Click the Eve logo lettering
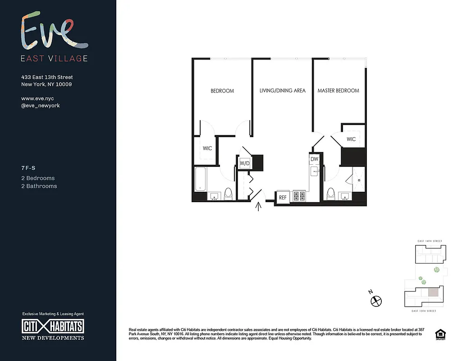click(54, 32)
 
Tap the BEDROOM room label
click(222, 91)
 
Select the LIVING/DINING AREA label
click(282, 91)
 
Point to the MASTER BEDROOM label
click(338, 91)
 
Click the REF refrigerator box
click(283, 197)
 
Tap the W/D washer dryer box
click(244, 163)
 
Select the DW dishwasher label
click(314, 159)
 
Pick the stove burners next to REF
click(299, 196)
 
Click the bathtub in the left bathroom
click(201, 180)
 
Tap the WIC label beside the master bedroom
click(351, 139)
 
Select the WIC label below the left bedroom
click(207, 148)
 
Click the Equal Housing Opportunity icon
click(439, 334)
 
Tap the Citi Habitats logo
click(53, 326)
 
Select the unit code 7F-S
click(28, 168)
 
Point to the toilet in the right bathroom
click(331, 194)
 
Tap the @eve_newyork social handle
click(41, 106)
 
